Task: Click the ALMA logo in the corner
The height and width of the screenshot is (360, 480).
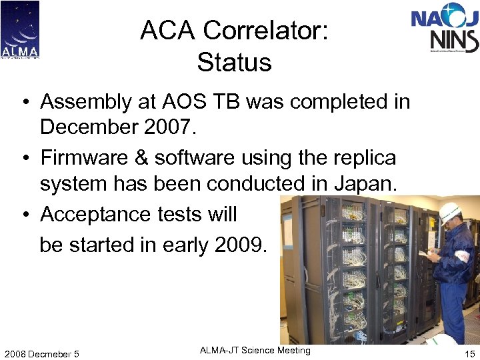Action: pyautogui.click(x=20, y=29)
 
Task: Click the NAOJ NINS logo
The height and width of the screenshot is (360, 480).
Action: pyautogui.click(x=445, y=29)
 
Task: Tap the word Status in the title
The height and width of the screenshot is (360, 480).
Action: pyautogui.click(x=234, y=63)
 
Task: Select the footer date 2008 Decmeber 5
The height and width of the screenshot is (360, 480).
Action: pyautogui.click(x=41, y=353)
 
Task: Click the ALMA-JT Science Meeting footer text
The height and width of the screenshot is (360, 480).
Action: pyautogui.click(x=255, y=351)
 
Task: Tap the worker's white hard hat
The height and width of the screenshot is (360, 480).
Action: pyautogui.click(x=450, y=213)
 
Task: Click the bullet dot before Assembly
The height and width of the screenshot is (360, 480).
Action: pyautogui.click(x=25, y=102)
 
